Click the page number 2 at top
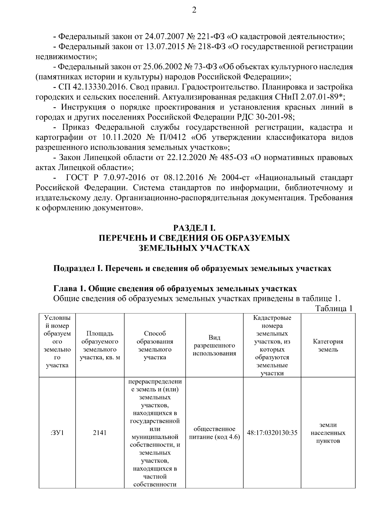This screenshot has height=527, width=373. (x=194, y=11)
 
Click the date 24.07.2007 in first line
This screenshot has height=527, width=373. (x=165, y=37)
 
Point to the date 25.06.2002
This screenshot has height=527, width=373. (x=163, y=67)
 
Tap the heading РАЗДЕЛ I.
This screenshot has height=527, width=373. (x=194, y=229)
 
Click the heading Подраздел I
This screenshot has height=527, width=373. (x=78, y=268)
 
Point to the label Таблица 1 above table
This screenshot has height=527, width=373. (x=334, y=309)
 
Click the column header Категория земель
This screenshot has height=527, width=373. (x=328, y=345)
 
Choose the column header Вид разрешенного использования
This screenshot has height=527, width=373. (x=214, y=345)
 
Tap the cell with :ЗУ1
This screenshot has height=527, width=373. (x=57, y=433)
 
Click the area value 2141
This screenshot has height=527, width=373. (x=100, y=433)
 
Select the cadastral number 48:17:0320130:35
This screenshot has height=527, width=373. (x=272, y=433)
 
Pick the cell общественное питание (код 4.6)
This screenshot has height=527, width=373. (x=214, y=433)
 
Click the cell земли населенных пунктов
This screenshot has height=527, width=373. (x=328, y=433)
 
